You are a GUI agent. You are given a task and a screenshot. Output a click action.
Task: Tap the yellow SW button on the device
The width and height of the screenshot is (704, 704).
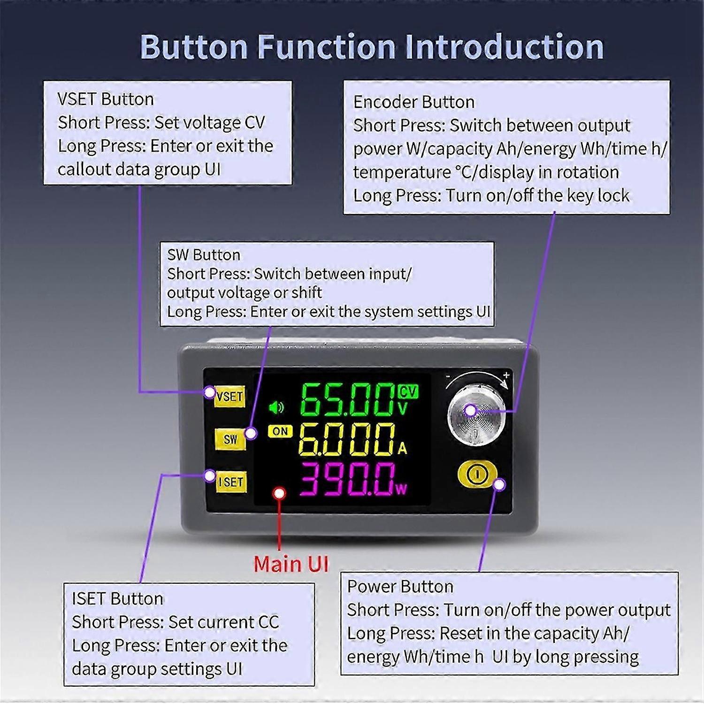[x=230, y=439]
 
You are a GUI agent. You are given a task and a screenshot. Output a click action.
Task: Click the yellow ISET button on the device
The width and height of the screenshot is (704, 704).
[x=231, y=482]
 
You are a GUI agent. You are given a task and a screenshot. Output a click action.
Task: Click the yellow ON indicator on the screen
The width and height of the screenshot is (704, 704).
[x=280, y=431]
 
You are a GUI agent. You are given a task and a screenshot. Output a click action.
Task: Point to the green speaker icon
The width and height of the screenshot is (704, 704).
[x=276, y=408]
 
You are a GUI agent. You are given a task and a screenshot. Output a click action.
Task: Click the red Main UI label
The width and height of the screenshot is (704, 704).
[x=291, y=564]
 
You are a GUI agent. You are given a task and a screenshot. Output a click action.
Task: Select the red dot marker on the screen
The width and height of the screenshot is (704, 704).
[x=280, y=493]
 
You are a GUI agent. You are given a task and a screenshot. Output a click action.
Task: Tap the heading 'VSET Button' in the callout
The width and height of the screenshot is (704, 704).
[x=106, y=99]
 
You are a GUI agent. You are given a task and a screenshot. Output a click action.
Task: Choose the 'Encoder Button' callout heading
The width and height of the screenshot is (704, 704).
[x=413, y=102]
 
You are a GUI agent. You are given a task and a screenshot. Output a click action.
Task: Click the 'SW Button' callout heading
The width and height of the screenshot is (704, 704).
[x=204, y=255]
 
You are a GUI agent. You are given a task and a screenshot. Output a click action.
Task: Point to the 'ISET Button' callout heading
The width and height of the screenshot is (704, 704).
[x=117, y=598]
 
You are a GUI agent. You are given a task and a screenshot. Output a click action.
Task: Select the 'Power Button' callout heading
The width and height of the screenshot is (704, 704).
[x=400, y=587]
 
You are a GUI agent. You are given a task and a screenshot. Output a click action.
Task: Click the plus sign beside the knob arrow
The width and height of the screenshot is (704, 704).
[x=506, y=375]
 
